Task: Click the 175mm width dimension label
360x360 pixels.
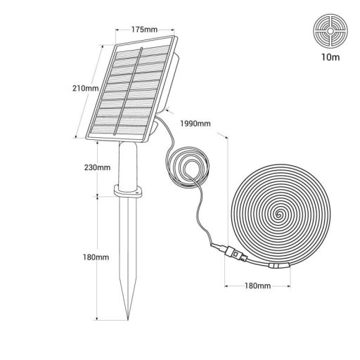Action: coord(143,30)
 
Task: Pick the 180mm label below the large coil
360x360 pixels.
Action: coord(258,287)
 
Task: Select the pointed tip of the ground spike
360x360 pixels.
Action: coord(128,319)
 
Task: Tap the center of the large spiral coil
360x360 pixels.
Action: coord(278,212)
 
